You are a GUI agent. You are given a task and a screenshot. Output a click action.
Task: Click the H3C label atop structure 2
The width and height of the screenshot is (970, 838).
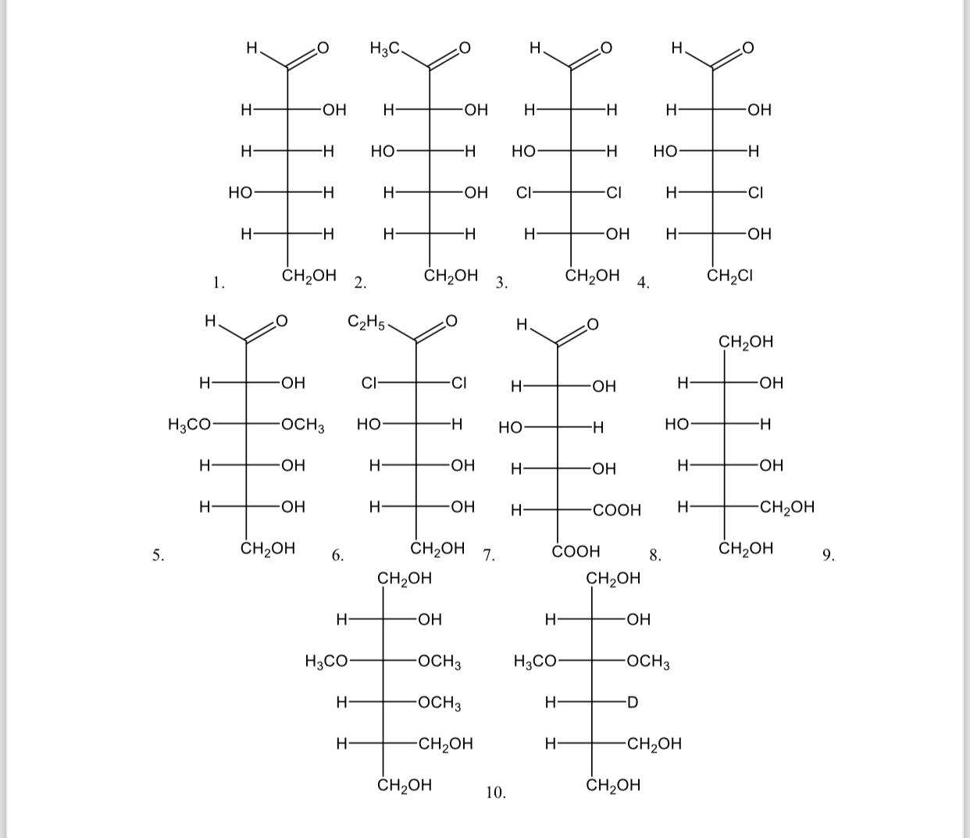(385, 48)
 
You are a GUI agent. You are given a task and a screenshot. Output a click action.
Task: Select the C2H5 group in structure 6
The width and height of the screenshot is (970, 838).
(366, 322)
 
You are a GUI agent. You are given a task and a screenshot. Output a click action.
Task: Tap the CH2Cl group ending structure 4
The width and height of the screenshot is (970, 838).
(729, 276)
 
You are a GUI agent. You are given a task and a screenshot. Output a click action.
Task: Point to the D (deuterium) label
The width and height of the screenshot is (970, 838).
(633, 702)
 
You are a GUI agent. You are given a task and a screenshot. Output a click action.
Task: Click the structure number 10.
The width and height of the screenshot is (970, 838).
(495, 793)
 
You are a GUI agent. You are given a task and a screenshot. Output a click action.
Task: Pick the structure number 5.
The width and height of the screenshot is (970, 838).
(158, 555)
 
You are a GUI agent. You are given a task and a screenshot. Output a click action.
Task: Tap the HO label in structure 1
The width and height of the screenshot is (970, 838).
(240, 192)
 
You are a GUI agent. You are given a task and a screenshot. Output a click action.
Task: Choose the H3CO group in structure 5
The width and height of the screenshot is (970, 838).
(189, 425)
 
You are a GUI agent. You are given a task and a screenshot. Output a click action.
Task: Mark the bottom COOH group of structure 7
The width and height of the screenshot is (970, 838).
(576, 551)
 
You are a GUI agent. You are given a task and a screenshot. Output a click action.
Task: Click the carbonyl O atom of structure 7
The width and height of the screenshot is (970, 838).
(592, 324)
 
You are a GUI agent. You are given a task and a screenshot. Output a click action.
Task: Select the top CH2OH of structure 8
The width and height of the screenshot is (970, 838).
(745, 341)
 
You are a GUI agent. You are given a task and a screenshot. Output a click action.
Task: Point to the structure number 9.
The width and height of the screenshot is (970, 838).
(828, 555)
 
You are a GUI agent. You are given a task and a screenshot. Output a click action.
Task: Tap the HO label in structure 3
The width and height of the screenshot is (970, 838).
(523, 152)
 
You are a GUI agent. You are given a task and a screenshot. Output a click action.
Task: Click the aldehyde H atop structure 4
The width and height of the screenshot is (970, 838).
(676, 48)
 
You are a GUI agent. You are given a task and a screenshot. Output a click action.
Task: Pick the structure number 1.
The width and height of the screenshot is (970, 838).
(219, 283)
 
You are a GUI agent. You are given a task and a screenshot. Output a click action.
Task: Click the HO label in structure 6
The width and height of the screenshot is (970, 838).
(369, 425)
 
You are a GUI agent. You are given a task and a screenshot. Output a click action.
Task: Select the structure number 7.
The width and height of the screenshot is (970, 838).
(489, 555)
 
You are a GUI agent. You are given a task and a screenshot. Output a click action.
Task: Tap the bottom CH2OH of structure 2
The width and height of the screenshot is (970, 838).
(451, 276)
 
